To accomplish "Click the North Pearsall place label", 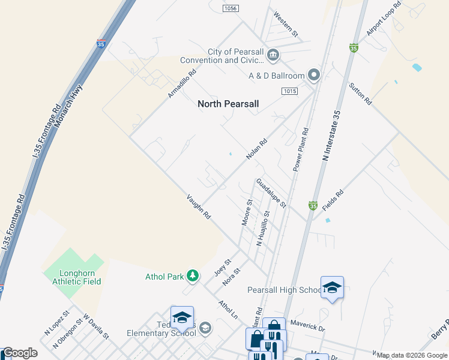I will click(x=228, y=104).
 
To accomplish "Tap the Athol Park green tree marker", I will click(x=193, y=276).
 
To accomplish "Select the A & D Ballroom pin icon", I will click(x=313, y=75).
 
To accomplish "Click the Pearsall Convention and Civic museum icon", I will click(x=273, y=56).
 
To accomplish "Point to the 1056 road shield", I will click(x=230, y=8).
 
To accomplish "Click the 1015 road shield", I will click(x=289, y=91).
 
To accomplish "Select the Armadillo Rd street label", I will click(x=182, y=83).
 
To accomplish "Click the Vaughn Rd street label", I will click(x=199, y=206).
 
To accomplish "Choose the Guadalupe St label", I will click(x=272, y=193).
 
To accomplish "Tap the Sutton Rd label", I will click(x=361, y=94).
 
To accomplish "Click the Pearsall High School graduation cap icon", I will click(x=332, y=287).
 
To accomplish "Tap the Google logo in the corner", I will click(x=20, y=353).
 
